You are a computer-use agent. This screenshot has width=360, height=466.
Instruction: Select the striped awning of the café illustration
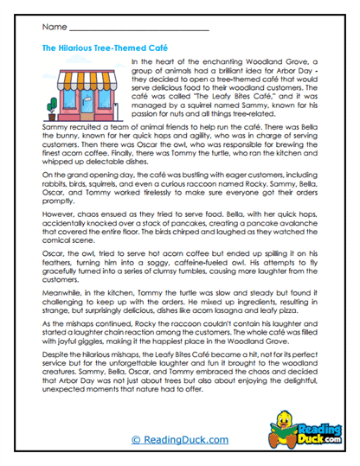pyautogui.click(x=83, y=79)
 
